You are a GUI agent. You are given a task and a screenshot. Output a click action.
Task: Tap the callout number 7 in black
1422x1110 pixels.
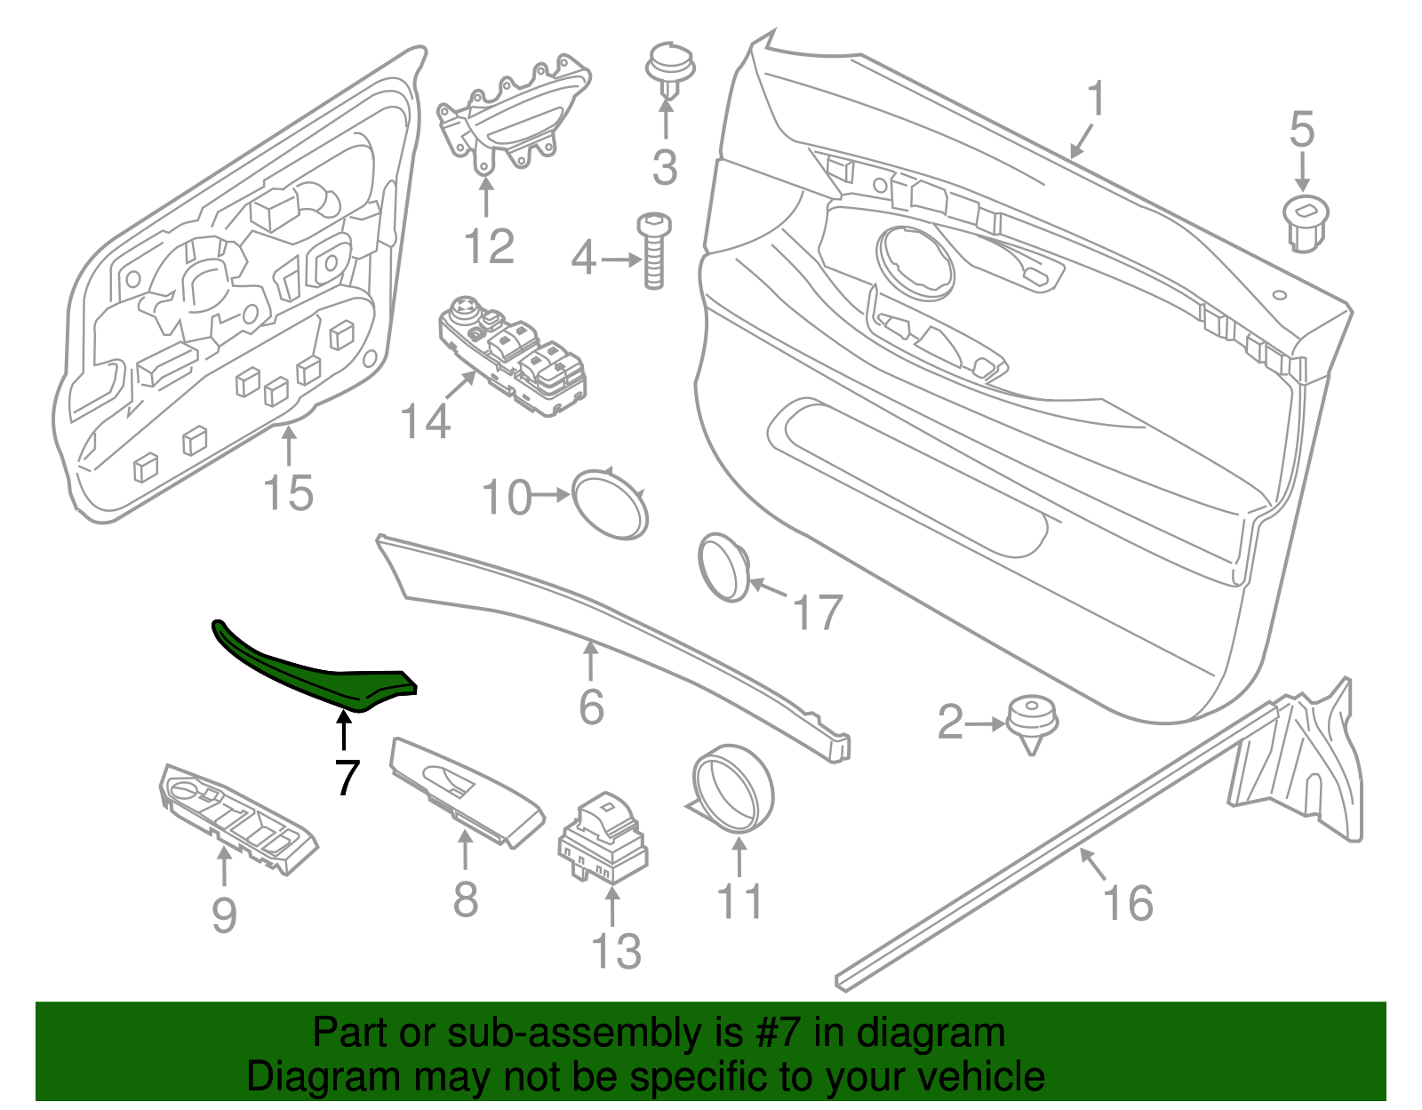[347, 777]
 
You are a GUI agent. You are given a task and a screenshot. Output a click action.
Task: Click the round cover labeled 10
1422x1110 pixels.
[610, 503]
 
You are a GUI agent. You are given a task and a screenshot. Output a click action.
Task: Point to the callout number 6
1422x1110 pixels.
[591, 707]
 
